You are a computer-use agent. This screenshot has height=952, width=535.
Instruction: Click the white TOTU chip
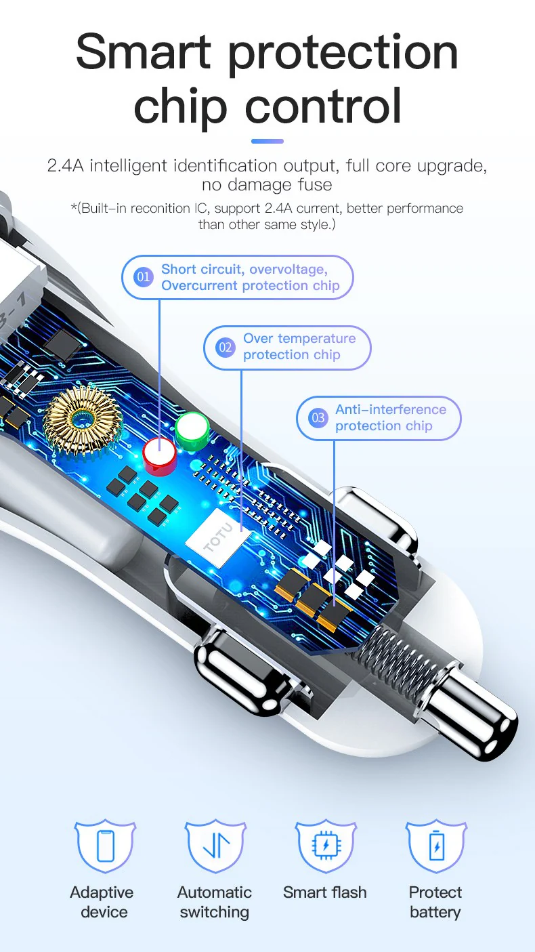218,537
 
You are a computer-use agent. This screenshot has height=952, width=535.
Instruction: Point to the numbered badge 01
143,277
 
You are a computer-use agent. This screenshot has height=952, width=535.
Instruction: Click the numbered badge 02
225,347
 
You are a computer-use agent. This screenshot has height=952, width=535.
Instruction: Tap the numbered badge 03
318,418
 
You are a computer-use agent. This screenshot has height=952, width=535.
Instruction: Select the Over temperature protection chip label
299,346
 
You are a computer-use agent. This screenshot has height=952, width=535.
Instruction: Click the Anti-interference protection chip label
391,417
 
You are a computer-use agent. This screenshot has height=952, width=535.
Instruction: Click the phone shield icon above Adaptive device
105,846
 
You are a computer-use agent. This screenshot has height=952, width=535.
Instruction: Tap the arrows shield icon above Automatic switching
215,846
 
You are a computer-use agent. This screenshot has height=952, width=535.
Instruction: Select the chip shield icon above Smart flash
326,846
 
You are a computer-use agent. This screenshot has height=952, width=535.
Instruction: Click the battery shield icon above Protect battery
436,846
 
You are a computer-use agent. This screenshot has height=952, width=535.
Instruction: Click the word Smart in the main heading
144,52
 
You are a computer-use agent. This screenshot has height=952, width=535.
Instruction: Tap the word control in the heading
323,106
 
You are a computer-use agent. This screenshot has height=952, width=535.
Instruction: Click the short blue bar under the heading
267,141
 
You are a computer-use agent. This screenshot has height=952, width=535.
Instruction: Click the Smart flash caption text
325,892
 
